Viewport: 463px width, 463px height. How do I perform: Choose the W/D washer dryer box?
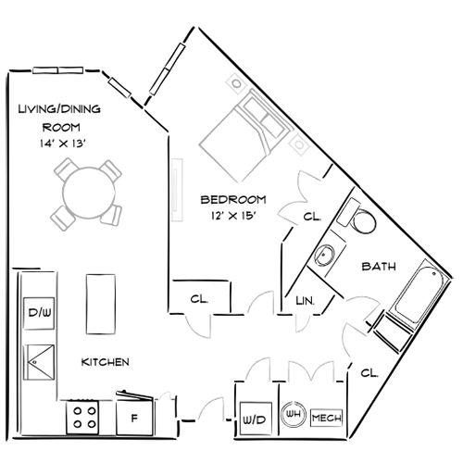pos(253,419)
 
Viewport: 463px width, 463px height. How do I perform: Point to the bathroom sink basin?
pos(327,253)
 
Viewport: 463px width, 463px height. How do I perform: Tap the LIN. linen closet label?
pos(305,301)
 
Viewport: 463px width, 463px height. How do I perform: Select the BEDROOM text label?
pos(234,200)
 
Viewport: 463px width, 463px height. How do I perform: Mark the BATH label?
pos(379,267)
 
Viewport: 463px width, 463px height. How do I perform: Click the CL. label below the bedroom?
pos(198,299)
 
